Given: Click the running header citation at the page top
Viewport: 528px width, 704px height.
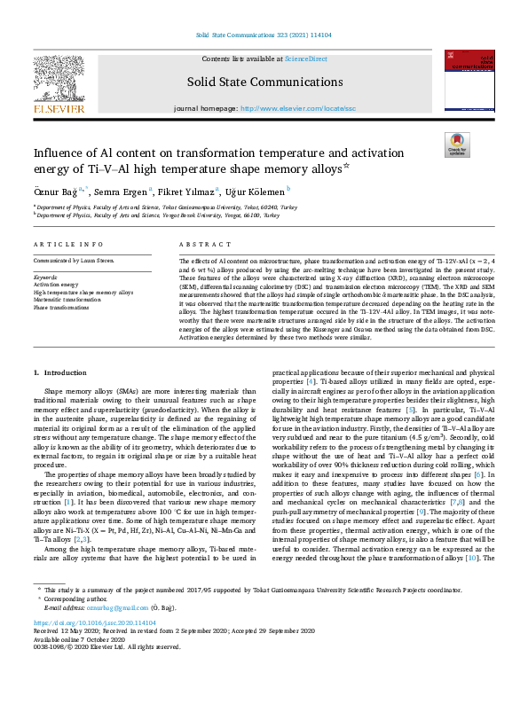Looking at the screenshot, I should [x=264, y=35].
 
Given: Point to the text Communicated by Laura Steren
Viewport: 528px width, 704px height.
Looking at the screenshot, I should [x=75, y=261].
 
